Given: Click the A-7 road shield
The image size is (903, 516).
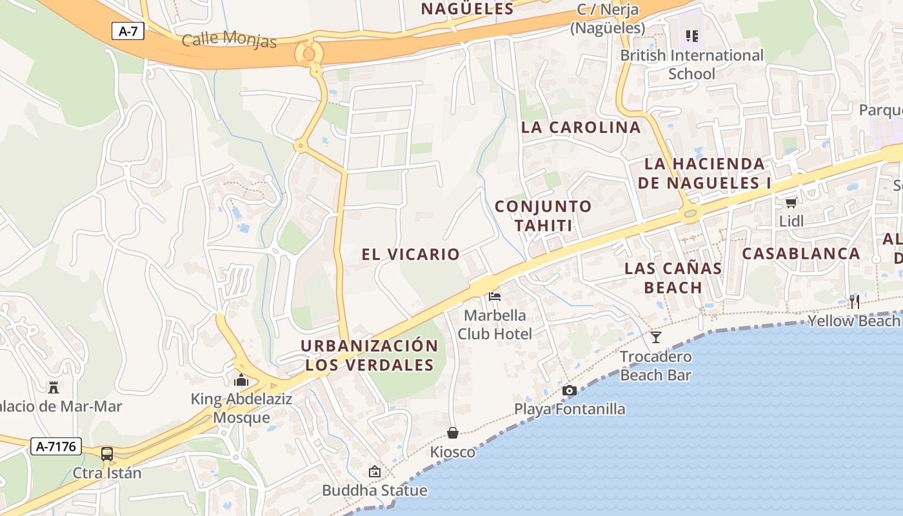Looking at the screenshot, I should click(x=128, y=30).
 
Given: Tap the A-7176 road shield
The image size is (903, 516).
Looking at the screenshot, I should click(x=57, y=446).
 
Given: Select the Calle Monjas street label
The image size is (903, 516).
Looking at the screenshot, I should click(x=229, y=39).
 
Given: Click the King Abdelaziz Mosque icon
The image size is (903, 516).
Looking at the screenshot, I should click(x=241, y=380).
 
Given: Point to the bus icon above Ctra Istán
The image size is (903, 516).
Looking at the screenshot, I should click(x=107, y=454).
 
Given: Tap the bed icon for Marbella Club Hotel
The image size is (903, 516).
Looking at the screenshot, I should click(x=495, y=296).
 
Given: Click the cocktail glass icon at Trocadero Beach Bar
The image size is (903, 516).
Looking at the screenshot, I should click(x=656, y=337).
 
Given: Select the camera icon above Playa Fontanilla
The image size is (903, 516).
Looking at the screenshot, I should click(x=569, y=390).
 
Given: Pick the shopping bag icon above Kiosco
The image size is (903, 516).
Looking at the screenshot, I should click(x=453, y=433).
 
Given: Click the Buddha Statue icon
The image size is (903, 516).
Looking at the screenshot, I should click(x=374, y=471).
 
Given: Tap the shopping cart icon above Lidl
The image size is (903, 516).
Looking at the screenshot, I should click(x=791, y=203).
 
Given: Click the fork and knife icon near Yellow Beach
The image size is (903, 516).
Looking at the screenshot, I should click(x=855, y=301).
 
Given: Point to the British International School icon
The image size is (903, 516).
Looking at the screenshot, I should click(x=692, y=36).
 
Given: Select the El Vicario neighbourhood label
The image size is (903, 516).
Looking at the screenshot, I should click(x=410, y=254).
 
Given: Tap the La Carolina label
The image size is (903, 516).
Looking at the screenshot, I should click(x=580, y=127).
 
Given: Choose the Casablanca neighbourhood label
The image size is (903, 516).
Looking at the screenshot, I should click(x=801, y=253).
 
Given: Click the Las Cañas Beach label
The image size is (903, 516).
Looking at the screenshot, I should click(x=673, y=277).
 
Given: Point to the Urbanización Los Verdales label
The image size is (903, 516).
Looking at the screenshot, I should click(x=370, y=355).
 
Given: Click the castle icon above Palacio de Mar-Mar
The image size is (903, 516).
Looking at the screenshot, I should click(x=54, y=387).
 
